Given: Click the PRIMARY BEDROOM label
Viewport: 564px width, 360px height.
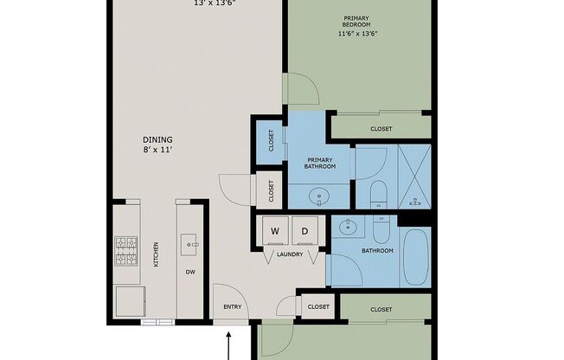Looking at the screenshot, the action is (x=356, y=22).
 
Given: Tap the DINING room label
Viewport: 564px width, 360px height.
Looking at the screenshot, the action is (x=157, y=139).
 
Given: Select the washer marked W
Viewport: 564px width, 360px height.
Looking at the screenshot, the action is (x=275, y=230).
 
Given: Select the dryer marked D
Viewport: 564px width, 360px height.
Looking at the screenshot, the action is (x=304, y=230).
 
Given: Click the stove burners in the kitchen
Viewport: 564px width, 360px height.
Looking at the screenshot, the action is (x=126, y=251).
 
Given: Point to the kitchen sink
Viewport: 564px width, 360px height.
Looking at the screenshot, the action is (x=189, y=245).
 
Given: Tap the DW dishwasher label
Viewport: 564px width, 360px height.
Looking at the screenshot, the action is (x=190, y=272).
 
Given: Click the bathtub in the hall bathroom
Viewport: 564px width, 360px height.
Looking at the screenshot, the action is (x=415, y=257).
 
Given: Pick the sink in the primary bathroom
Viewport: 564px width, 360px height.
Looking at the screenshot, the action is (x=319, y=197).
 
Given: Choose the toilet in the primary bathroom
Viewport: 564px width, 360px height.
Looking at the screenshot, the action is (x=378, y=195).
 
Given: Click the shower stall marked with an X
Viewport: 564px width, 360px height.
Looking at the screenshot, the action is (x=414, y=177).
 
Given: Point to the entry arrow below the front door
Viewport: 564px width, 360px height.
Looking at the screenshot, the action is (x=228, y=346).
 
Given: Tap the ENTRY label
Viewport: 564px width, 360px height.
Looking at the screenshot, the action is (x=233, y=306).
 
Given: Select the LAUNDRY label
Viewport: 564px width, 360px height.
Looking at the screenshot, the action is (x=290, y=254).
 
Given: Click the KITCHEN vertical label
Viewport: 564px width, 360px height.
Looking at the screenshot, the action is (x=156, y=254).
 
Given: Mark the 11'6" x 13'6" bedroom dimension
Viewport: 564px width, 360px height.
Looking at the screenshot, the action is (x=357, y=35).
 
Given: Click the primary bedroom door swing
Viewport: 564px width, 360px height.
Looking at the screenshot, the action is (x=301, y=89).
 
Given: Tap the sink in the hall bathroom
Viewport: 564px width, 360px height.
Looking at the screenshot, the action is (x=348, y=227).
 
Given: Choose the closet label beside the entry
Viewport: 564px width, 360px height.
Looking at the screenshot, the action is (x=318, y=306).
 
